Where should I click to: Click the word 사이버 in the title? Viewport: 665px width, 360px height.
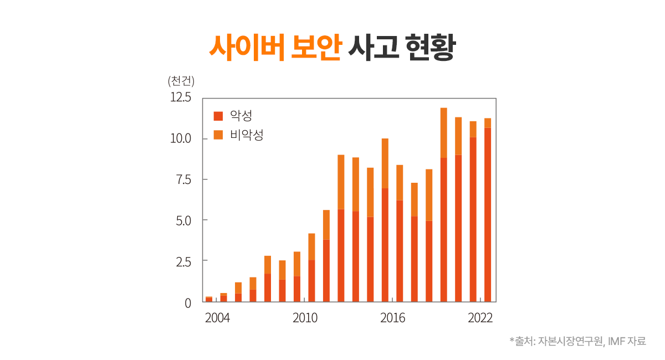pyautogui.click(x=246, y=48)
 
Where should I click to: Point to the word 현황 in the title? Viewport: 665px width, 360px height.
pyautogui.click(x=429, y=48)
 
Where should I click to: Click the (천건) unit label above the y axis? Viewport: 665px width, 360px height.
pyautogui.click(x=181, y=81)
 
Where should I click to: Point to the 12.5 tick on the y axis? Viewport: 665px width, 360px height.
pyautogui.click(x=180, y=97)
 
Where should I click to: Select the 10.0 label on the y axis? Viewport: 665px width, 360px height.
pyautogui.click(x=180, y=138)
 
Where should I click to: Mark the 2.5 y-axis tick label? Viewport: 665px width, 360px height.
pyautogui.click(x=182, y=261)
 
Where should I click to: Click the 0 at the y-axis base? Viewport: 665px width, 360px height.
pyautogui.click(x=188, y=302)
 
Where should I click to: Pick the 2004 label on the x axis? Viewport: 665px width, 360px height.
pyautogui.click(x=217, y=318)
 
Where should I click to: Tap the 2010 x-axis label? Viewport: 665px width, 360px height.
pyautogui.click(x=305, y=318)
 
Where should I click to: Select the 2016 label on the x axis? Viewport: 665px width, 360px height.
pyautogui.click(x=392, y=318)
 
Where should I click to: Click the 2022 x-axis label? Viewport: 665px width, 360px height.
pyautogui.click(x=480, y=318)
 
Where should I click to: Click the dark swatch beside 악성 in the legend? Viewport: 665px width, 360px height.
pyautogui.click(x=218, y=116)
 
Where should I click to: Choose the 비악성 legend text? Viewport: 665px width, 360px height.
pyautogui.click(x=247, y=135)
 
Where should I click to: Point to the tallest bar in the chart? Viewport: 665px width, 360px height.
pyautogui.click(x=443, y=205)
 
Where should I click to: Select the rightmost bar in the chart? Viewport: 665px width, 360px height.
pyautogui.click(x=488, y=210)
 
